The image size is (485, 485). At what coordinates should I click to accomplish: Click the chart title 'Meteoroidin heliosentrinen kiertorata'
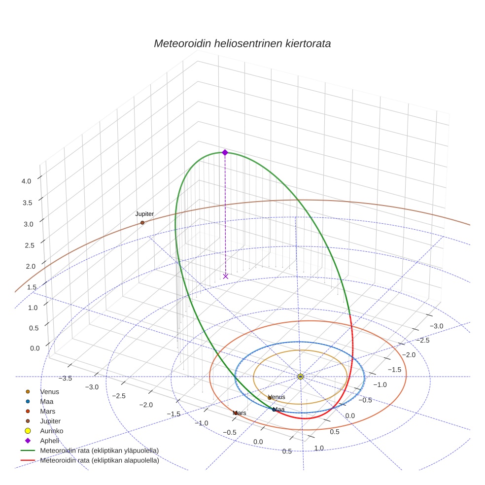pyautogui.click(x=242, y=43)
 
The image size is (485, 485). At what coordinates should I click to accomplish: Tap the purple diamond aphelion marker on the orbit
pyautogui.click(x=225, y=153)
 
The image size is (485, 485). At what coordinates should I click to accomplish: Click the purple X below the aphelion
pyautogui.click(x=226, y=277)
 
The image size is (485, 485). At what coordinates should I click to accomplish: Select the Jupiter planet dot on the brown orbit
pyautogui.click(x=142, y=223)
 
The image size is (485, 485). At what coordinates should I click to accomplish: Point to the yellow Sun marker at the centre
pyautogui.click(x=301, y=377)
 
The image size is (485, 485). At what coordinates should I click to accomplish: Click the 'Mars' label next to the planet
pyautogui.click(x=240, y=413)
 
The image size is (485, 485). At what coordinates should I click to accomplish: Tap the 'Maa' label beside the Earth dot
pyautogui.click(x=279, y=410)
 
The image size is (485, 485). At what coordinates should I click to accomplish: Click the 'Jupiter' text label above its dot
pyautogui.click(x=144, y=214)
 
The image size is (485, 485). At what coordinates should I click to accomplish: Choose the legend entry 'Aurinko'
pyautogui.click(x=51, y=431)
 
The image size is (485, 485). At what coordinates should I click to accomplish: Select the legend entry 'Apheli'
pyautogui.click(x=49, y=441)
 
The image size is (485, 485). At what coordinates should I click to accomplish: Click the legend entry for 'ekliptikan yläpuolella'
pyautogui.click(x=99, y=451)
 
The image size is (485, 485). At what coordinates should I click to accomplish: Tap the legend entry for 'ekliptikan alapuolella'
pyautogui.click(x=99, y=461)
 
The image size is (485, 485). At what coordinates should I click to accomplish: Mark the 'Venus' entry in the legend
pyautogui.click(x=49, y=392)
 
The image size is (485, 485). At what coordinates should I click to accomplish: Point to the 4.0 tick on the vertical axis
pyautogui.click(x=26, y=181)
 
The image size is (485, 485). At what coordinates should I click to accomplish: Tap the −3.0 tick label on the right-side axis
pyautogui.click(x=437, y=326)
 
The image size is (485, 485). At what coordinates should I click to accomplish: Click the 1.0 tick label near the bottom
pyautogui.click(x=319, y=448)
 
